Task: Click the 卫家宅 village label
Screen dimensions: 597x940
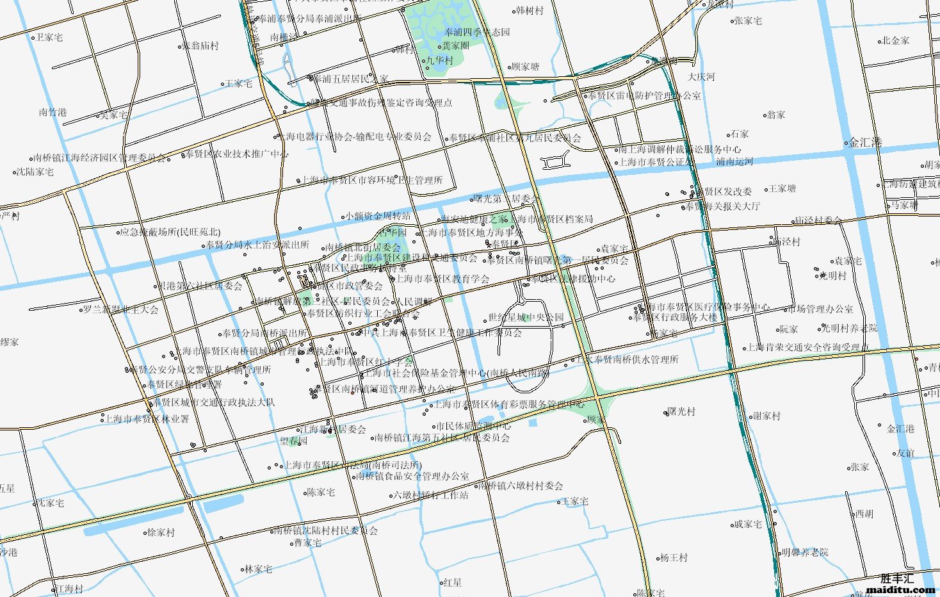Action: [49, 38]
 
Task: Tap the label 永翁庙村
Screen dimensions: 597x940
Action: [201, 46]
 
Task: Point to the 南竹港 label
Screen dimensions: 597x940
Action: [53, 112]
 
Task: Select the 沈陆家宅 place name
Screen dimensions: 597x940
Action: [35, 172]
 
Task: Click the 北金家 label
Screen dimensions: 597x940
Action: [896, 40]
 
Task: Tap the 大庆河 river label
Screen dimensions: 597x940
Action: [701, 77]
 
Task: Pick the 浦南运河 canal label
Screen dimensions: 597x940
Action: [734, 162]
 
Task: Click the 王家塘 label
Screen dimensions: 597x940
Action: [782, 188]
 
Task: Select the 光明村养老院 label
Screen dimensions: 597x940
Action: [850, 328]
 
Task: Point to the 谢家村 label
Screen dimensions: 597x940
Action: [766, 416]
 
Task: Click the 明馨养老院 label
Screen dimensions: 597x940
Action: [804, 552]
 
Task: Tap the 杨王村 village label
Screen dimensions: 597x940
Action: [674, 558]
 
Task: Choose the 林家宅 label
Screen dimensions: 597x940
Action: [259, 569]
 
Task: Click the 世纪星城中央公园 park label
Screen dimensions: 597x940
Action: [526, 317]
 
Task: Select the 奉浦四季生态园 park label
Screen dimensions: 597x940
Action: [478, 32]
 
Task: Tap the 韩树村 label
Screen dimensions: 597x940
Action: [530, 11]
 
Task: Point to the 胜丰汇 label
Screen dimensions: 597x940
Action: [897, 578]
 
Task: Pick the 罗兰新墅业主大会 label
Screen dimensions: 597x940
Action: [121, 309]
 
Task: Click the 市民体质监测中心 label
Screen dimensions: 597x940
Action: [474, 426]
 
